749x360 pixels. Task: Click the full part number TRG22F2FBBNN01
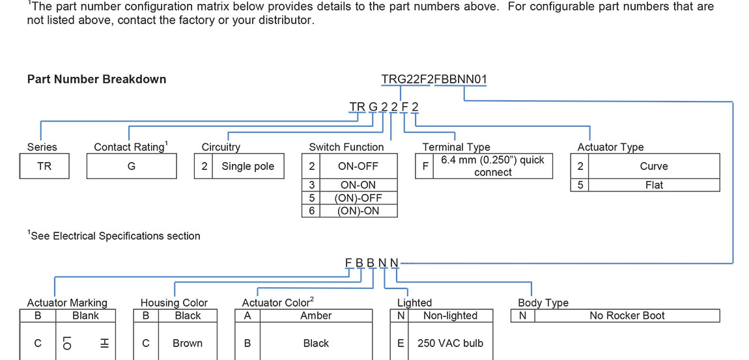pos(434,79)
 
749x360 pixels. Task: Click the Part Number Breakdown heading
pos(96,79)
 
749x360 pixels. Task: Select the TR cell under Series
pos(44,166)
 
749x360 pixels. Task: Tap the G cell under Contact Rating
pos(132,166)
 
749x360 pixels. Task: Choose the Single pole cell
pos(247,166)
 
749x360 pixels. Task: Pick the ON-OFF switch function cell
pos(358,166)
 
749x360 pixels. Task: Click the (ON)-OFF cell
pos(358,198)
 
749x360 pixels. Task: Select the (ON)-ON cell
pos(358,211)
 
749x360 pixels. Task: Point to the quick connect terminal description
pos(492,166)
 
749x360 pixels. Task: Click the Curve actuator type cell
pos(654,166)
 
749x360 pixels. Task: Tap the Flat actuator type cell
pos(654,185)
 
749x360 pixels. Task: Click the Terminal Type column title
pos(456,147)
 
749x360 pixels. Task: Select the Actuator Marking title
pos(67,303)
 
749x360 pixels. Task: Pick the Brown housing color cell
pos(188,343)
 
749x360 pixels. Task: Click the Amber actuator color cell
pos(316,316)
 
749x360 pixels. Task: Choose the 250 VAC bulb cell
pos(450,343)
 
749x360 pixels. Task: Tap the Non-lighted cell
pos(450,316)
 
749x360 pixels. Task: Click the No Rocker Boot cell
pos(627,316)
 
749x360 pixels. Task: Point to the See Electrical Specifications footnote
pos(115,236)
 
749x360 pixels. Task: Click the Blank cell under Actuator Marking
pos(85,316)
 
